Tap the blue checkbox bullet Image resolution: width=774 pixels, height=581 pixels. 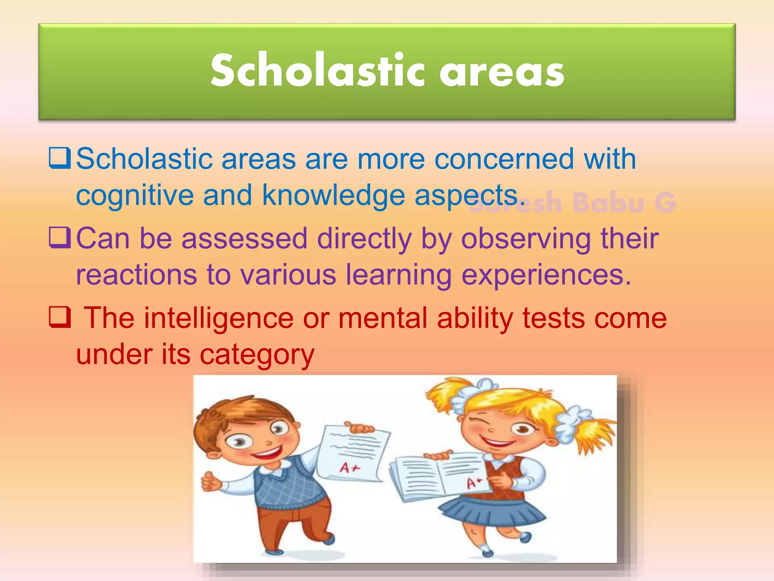[x=60, y=158]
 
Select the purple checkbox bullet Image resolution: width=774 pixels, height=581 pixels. [x=60, y=238]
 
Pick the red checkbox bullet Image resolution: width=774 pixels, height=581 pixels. [x=60, y=317]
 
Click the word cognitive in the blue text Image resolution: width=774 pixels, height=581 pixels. [x=135, y=196]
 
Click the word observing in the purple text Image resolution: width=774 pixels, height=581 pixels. [x=526, y=239]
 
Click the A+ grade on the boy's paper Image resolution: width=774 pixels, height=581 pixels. [x=350, y=468]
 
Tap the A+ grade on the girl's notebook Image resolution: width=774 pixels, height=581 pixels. [x=474, y=483]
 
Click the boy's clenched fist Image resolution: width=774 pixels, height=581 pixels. [x=210, y=482]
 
